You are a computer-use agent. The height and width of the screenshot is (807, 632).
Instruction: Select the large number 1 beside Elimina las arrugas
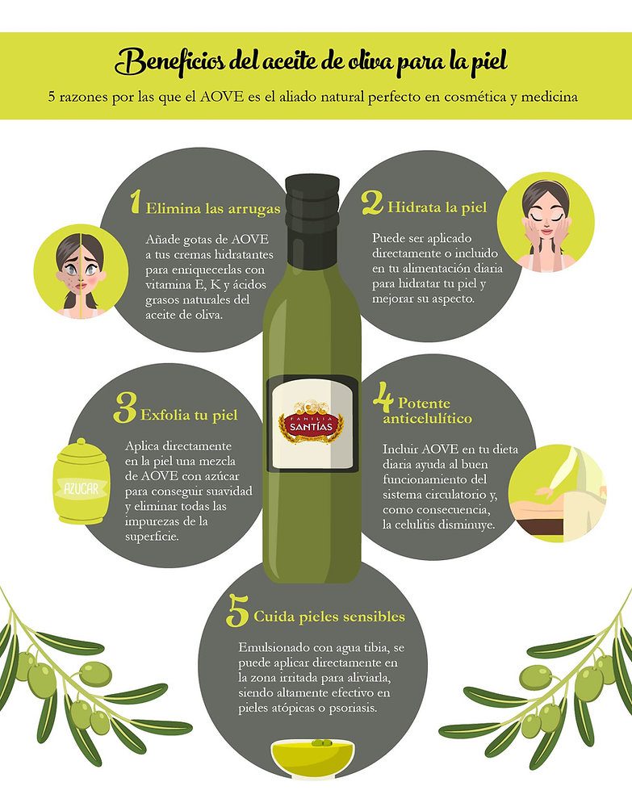[x=135, y=202]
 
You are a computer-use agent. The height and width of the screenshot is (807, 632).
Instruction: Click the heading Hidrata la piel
[x=437, y=207]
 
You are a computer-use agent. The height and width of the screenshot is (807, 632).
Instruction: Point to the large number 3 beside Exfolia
[x=124, y=408]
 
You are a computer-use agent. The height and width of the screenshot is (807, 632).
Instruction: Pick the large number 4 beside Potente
[x=383, y=397]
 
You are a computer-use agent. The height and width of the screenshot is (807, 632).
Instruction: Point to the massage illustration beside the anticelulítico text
[x=558, y=492]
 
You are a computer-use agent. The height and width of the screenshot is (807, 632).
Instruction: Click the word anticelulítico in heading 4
[x=427, y=418]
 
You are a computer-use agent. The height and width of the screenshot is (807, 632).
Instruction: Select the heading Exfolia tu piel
[x=189, y=416]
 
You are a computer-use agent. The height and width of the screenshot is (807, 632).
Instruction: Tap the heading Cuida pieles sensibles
[x=329, y=617]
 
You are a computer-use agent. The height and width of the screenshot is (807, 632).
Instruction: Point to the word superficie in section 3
[x=152, y=537]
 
